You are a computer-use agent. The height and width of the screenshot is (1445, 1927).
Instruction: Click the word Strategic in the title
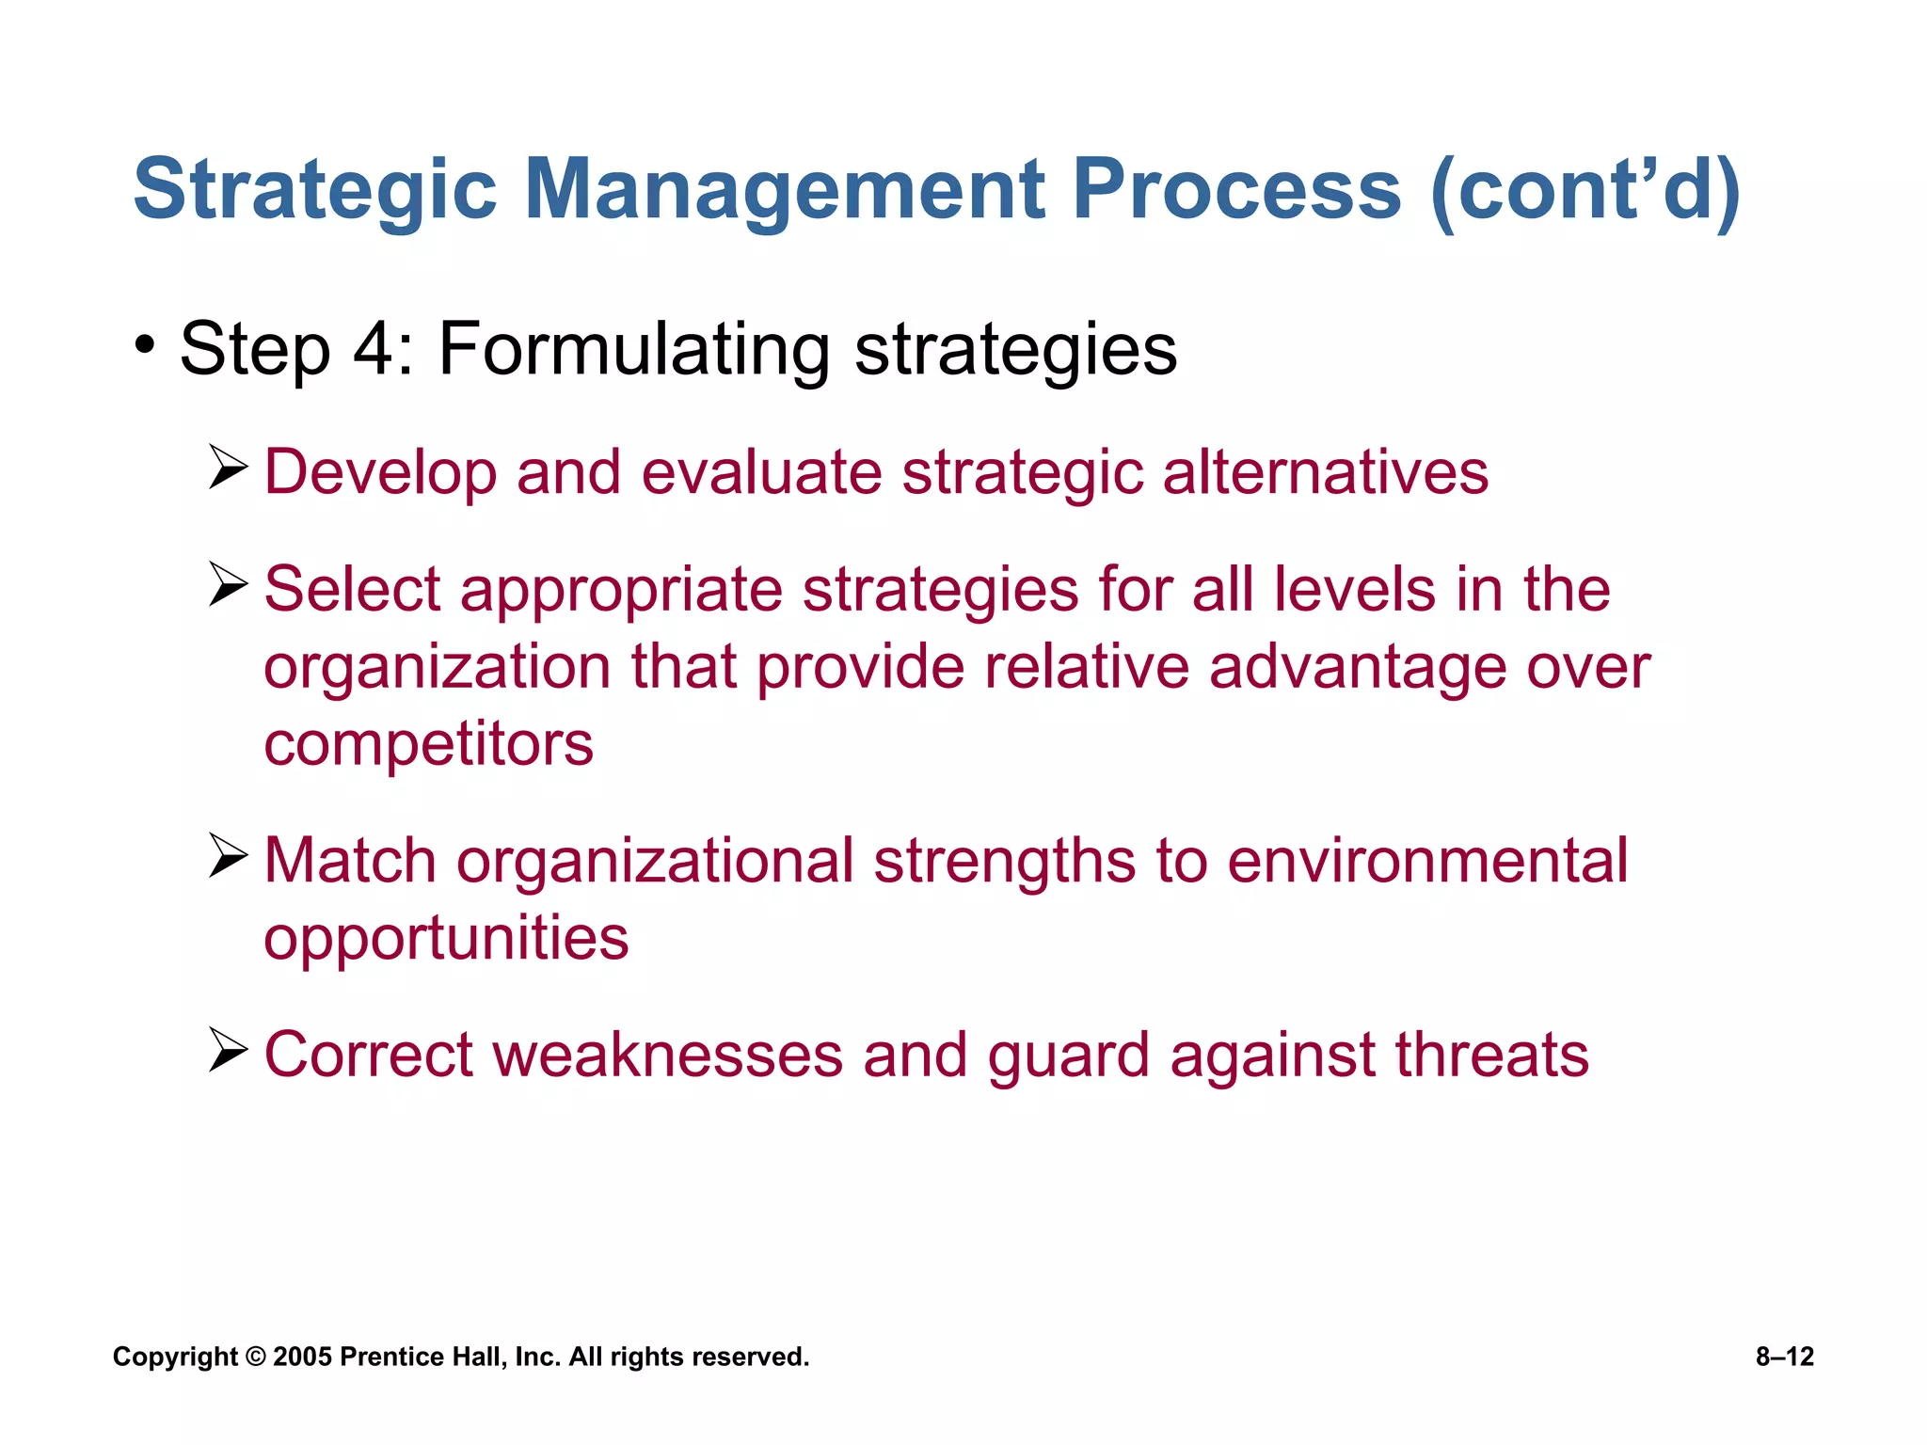pos(314,191)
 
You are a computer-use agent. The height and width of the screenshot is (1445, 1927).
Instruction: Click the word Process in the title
pos(1236,191)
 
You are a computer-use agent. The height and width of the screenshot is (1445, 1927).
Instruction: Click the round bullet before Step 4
pos(144,345)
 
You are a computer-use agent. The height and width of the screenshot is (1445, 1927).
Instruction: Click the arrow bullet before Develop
pos(228,468)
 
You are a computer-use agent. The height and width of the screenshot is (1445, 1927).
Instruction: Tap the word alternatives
pos(1325,472)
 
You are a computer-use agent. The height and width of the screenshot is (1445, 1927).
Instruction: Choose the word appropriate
pos(621,590)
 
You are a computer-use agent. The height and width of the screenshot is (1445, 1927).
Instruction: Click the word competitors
pos(428,744)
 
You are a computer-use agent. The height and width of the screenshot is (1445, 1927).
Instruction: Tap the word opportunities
pos(446,939)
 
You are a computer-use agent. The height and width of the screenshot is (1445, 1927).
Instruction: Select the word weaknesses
pos(667,1055)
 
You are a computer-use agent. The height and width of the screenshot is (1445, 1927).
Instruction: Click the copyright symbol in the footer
pos(256,1357)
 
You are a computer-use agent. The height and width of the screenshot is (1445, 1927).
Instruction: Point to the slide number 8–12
pos(1784,1357)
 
